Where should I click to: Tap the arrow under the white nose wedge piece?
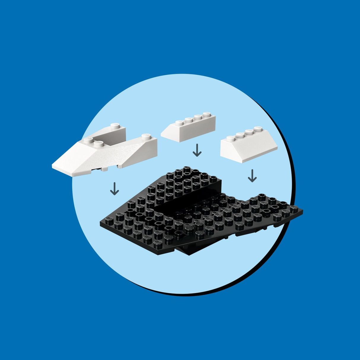[x=114, y=189]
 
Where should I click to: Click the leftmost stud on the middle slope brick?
[x=179, y=122]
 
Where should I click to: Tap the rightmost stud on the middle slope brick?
[x=207, y=114]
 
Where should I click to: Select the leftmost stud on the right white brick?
[x=230, y=138]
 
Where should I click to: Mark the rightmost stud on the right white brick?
[x=258, y=129]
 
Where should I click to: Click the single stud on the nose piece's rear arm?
[x=115, y=126]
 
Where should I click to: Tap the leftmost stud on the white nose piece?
[x=88, y=139]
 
